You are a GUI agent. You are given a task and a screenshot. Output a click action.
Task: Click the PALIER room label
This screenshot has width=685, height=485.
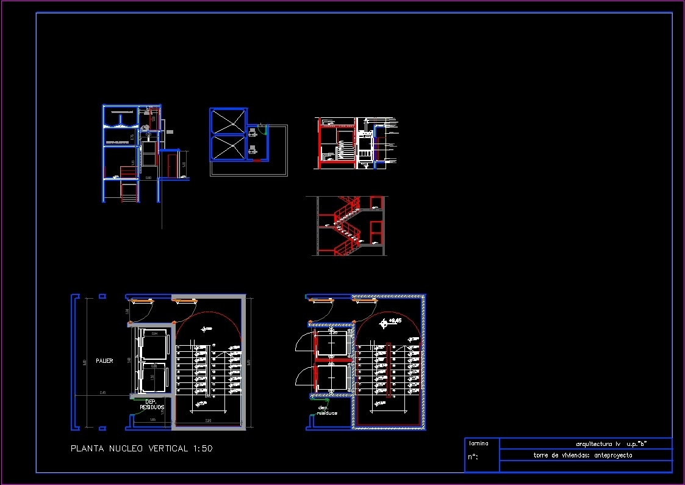point(104,361)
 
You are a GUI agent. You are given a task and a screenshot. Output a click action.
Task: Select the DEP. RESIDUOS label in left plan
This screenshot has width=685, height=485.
point(152,404)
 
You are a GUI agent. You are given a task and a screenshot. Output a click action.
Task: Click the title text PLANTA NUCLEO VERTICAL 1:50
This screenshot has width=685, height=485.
point(142,448)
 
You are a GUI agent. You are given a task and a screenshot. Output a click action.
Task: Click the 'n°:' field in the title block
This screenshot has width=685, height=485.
point(473,457)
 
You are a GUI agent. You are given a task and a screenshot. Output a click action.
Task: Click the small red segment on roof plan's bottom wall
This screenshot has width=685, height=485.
point(257,160)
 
